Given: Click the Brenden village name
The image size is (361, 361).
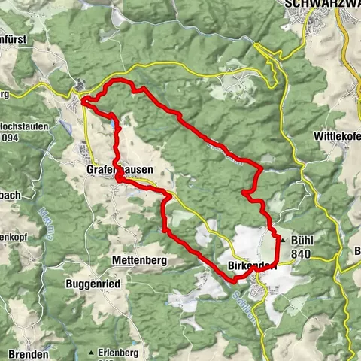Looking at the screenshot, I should pos(29,353).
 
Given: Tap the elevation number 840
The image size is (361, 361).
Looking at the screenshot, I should pos(300,254).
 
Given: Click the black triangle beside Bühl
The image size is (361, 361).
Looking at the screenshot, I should pos(281,240).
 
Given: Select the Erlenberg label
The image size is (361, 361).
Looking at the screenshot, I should pos(125,353).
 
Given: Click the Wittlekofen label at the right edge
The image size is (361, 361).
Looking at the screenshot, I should pos(337,136).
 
